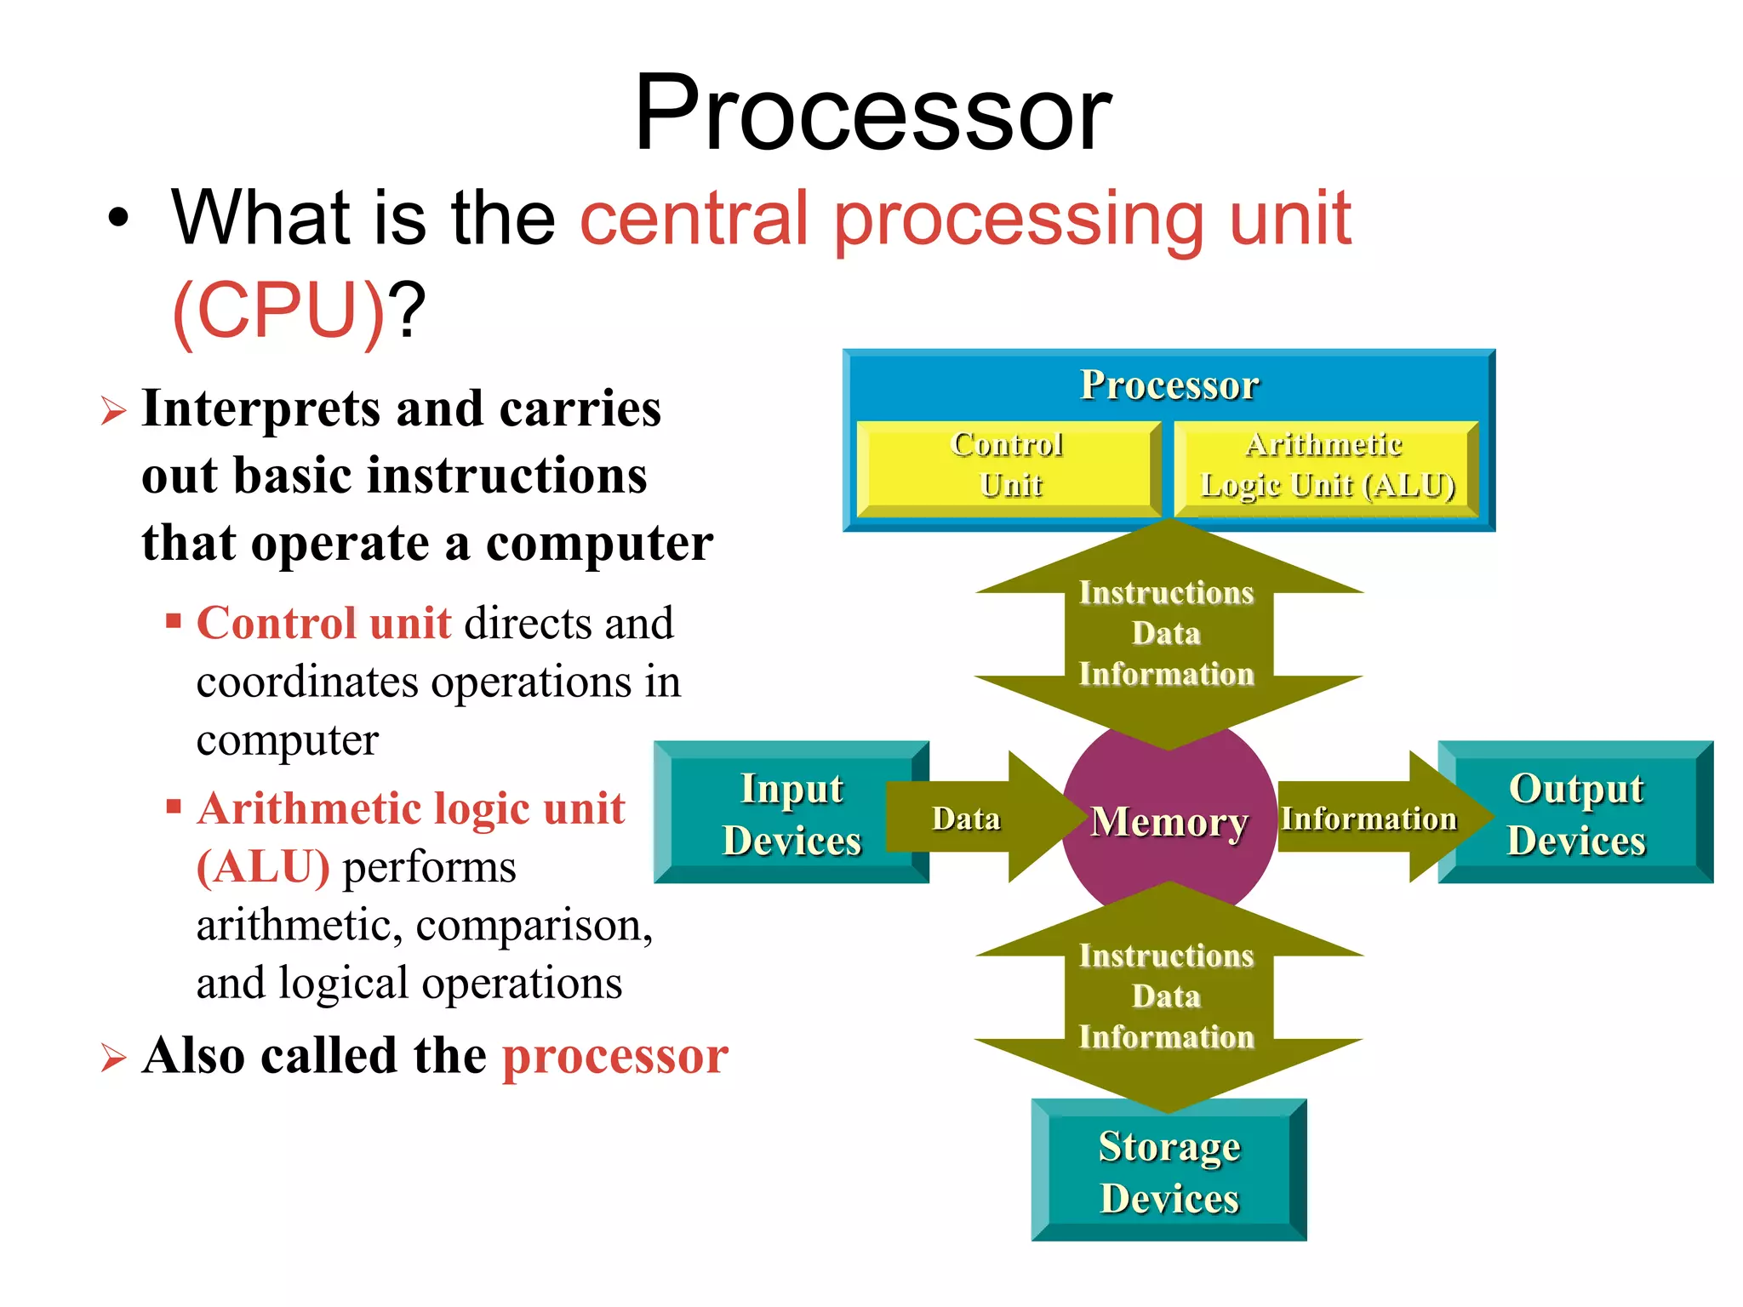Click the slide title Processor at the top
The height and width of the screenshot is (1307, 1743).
(x=872, y=113)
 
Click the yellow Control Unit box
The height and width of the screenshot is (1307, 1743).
(x=1008, y=467)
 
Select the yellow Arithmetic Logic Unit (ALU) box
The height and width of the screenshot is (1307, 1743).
(x=1326, y=467)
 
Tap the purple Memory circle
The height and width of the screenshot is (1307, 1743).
(x=1169, y=822)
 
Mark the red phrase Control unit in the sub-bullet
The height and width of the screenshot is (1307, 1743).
(x=323, y=623)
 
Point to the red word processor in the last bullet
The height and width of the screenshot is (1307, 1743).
(x=615, y=1056)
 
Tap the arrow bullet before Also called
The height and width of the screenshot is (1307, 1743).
(x=113, y=1058)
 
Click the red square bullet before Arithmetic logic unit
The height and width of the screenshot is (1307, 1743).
(x=174, y=805)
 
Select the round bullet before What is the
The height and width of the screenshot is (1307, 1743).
(x=119, y=219)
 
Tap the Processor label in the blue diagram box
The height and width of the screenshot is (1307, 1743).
(x=1169, y=385)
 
